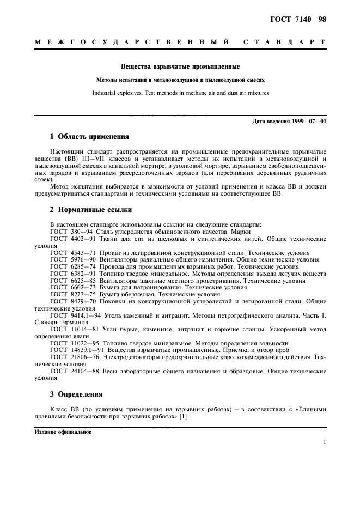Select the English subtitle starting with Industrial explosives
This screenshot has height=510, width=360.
click(x=180, y=93)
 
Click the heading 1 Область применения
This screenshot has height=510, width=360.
click(x=89, y=137)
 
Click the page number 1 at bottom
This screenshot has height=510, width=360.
click(x=324, y=442)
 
